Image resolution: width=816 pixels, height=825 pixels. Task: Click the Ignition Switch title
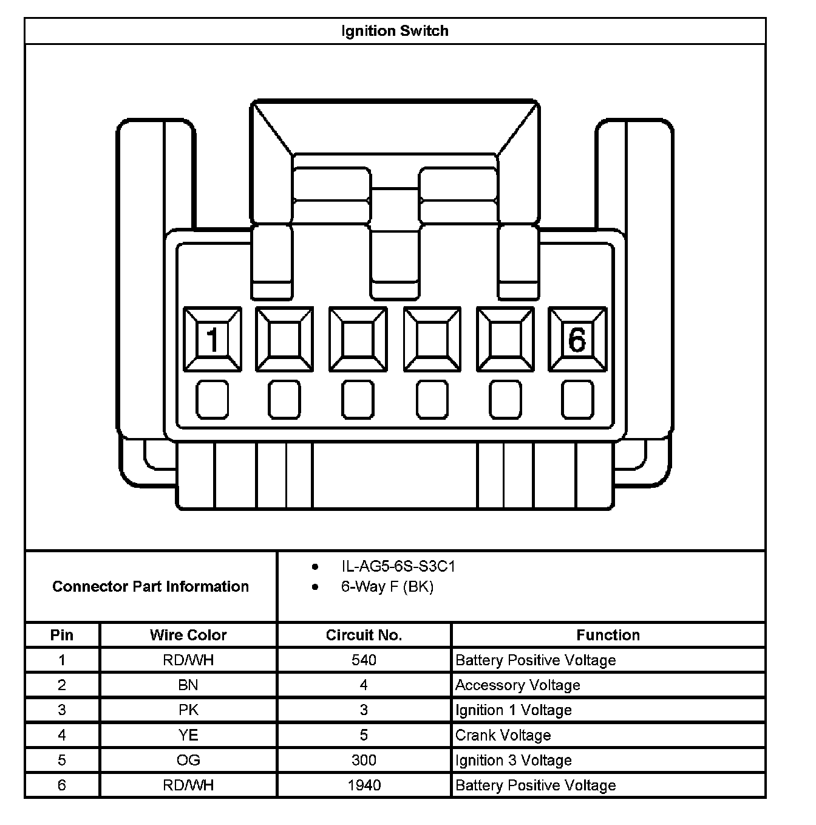coord(395,31)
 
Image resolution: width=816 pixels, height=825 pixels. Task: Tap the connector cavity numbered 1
coord(212,340)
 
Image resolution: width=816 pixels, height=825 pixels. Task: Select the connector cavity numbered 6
coord(577,340)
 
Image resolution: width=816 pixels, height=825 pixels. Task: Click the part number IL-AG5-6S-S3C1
coord(398,567)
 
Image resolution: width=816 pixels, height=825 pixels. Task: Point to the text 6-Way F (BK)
coord(387,587)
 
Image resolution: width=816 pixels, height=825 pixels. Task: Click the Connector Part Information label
coord(151,586)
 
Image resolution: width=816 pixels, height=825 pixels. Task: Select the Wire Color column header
coord(188,635)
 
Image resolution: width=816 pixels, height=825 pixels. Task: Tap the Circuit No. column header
coord(364,635)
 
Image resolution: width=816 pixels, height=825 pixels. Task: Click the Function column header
coord(608,635)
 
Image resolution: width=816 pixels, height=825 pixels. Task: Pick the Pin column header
coord(62,635)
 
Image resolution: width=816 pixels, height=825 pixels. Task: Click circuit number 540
coord(364,660)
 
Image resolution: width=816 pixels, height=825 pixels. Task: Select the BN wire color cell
coord(188,685)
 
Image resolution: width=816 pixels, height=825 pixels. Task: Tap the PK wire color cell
coord(188,710)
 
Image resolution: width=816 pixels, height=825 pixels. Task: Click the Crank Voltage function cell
coord(503,735)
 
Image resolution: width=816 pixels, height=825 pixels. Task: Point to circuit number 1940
coord(364,785)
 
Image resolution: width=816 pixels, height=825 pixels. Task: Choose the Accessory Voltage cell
coord(517,685)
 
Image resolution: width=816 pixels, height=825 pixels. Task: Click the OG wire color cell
coord(188,760)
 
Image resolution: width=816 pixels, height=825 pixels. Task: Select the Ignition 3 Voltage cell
coord(513,760)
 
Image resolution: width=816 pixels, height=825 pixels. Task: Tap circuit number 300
coord(364,760)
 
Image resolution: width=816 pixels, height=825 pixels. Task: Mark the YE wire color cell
coord(188,735)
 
